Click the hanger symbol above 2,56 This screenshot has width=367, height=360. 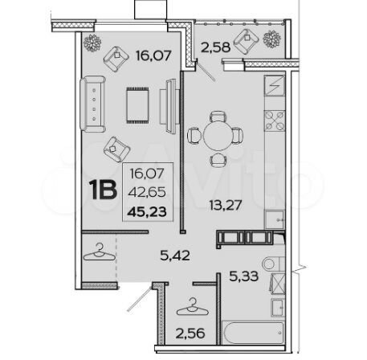click(194, 305)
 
